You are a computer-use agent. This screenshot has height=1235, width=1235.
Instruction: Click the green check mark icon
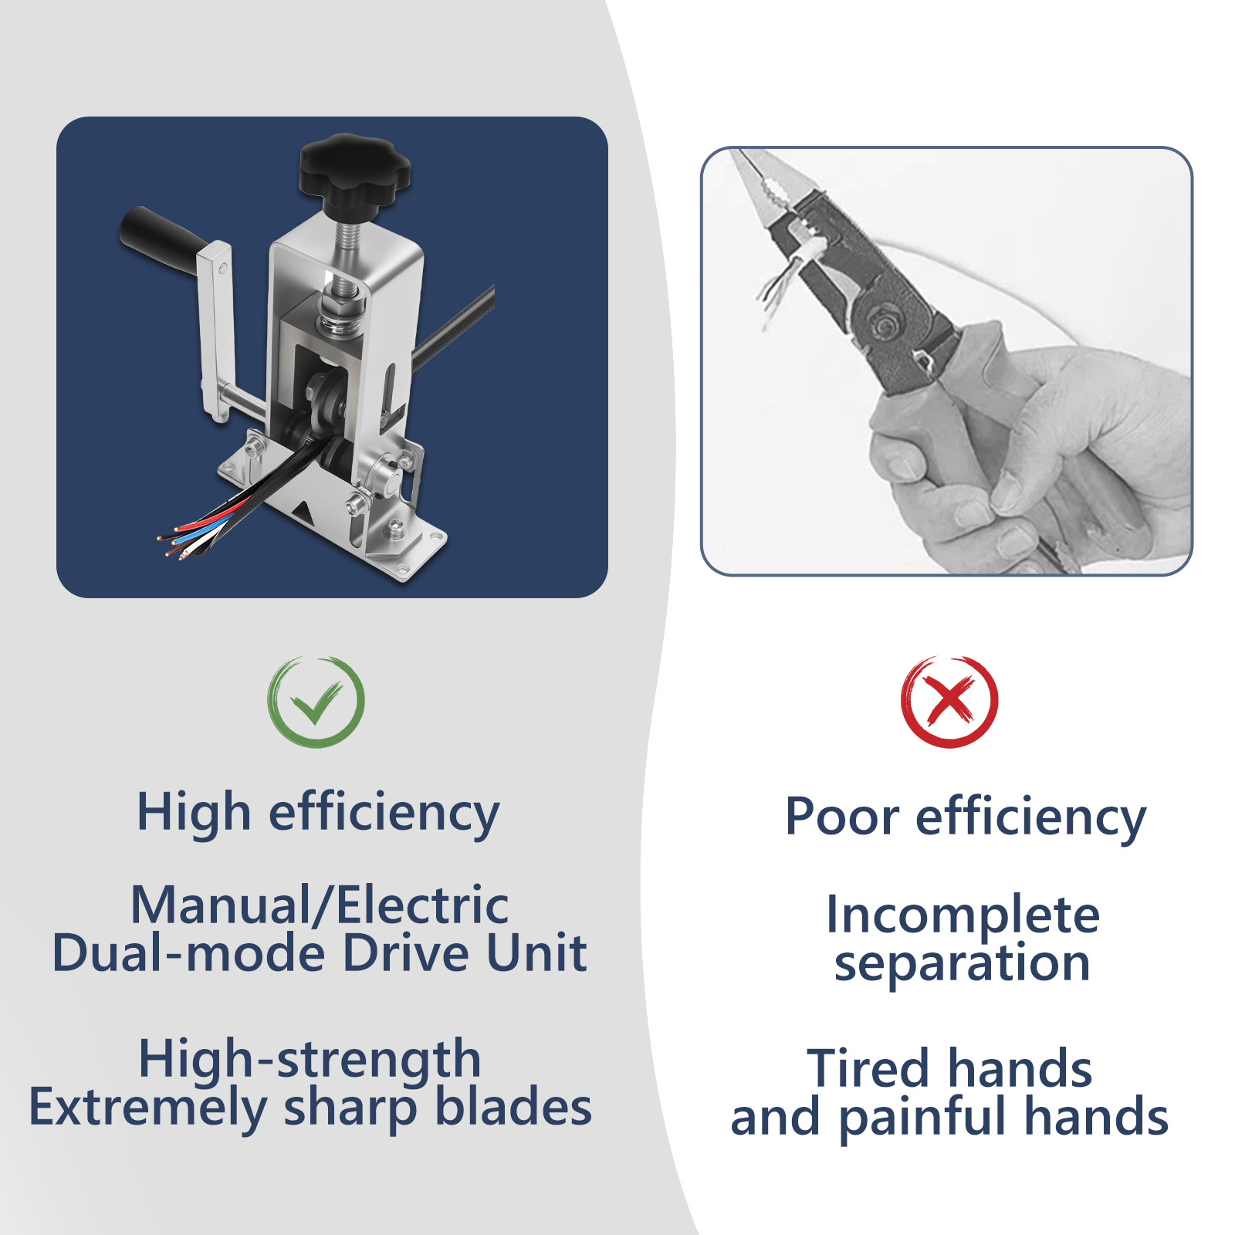pyautogui.click(x=316, y=702)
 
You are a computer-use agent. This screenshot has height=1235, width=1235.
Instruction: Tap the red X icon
pyautogui.click(x=949, y=702)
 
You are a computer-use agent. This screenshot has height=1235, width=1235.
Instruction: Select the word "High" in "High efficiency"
pyautogui.click(x=194, y=814)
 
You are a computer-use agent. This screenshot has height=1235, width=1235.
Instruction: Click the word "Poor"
pyautogui.click(x=842, y=817)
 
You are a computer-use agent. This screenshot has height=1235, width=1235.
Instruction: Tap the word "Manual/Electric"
pyautogui.click(x=320, y=905)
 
